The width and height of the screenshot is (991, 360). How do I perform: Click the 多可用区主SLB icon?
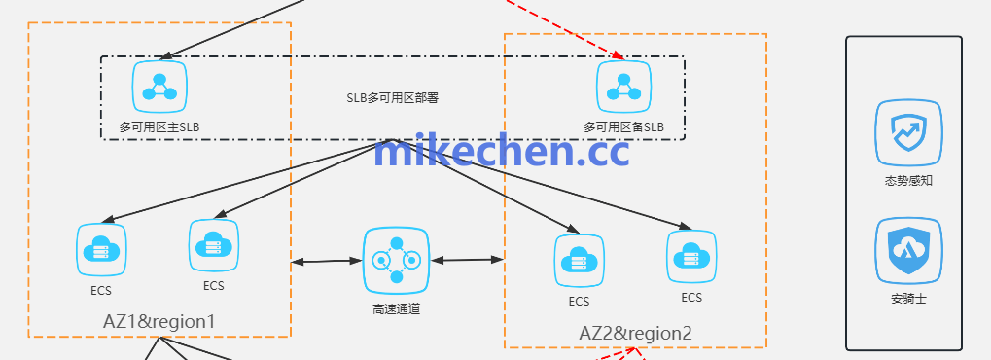pos(159,87)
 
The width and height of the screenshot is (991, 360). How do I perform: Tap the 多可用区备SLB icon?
pos(623,87)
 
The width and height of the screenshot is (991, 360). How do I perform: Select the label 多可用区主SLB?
pos(159,126)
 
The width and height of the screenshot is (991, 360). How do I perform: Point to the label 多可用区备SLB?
pos(623,126)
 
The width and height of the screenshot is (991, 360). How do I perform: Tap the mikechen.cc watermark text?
pos(502,152)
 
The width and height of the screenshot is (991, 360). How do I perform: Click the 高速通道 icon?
pos(396,260)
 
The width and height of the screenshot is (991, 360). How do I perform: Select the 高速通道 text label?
pos(396,309)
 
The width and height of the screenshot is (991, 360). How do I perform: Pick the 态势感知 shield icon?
pos(908,133)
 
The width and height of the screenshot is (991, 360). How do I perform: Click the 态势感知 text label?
pos(908,181)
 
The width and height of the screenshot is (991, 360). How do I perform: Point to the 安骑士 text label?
pos(908,299)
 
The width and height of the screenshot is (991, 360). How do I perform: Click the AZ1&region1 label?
pos(159,320)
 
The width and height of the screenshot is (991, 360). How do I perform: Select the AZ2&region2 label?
pos(635,333)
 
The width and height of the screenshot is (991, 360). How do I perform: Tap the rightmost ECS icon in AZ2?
pos(691,256)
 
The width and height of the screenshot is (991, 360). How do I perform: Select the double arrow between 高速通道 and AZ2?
pos(467,260)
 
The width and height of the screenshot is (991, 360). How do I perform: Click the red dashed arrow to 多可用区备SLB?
pos(564,28)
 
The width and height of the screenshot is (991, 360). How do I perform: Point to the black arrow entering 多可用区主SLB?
pos(233,28)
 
